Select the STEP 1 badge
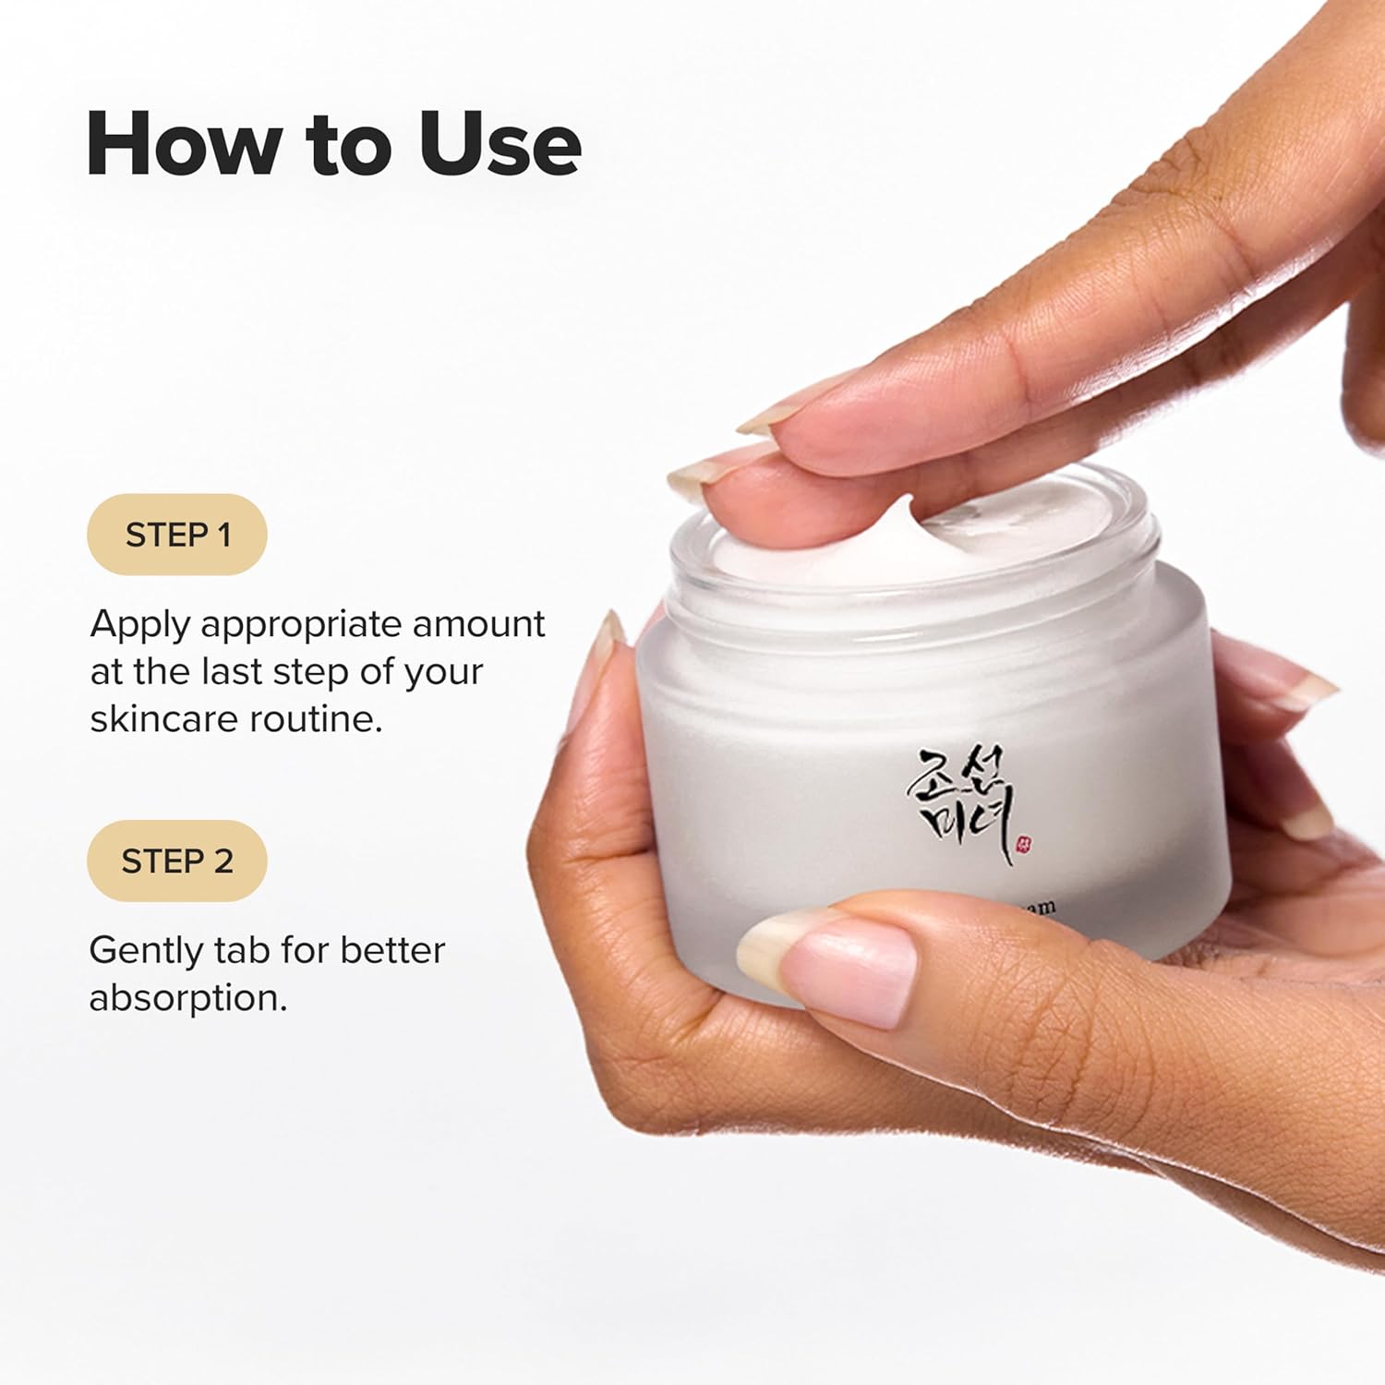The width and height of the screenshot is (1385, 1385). tap(176, 535)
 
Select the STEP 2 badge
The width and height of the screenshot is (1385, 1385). tap(176, 861)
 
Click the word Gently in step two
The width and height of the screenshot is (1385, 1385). tap(145, 951)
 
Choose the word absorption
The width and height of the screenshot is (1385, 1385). tap(187, 998)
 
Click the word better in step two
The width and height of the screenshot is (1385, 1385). tap(393, 950)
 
